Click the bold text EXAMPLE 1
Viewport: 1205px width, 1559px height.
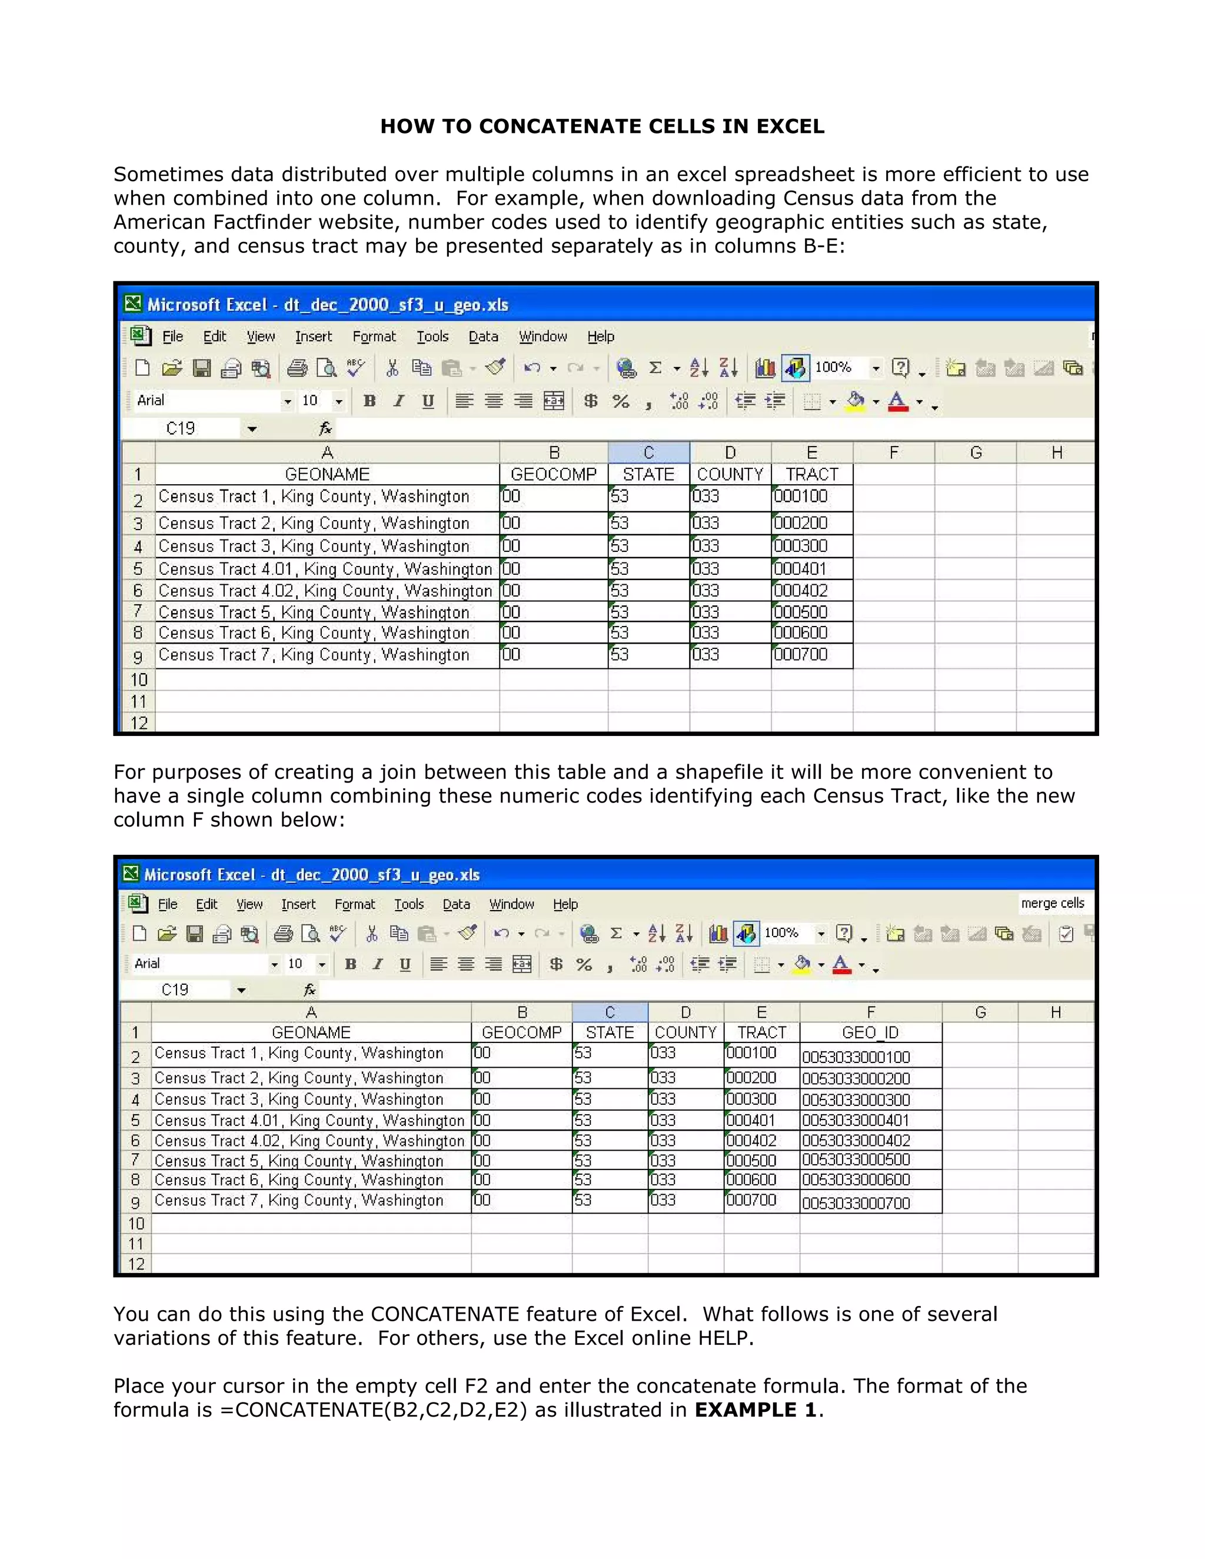tap(755, 1410)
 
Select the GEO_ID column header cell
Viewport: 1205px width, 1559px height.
tap(870, 1033)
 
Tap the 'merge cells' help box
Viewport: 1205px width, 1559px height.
tap(1052, 903)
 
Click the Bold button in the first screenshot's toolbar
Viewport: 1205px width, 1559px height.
tap(369, 401)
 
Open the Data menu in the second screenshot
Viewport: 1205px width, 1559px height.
tap(456, 904)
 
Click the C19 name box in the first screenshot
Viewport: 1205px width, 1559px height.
tap(181, 428)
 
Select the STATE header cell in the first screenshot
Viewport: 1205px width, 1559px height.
tap(648, 475)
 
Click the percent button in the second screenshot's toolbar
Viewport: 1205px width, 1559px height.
tap(584, 965)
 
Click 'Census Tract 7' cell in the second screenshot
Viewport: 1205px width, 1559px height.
tap(299, 1201)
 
